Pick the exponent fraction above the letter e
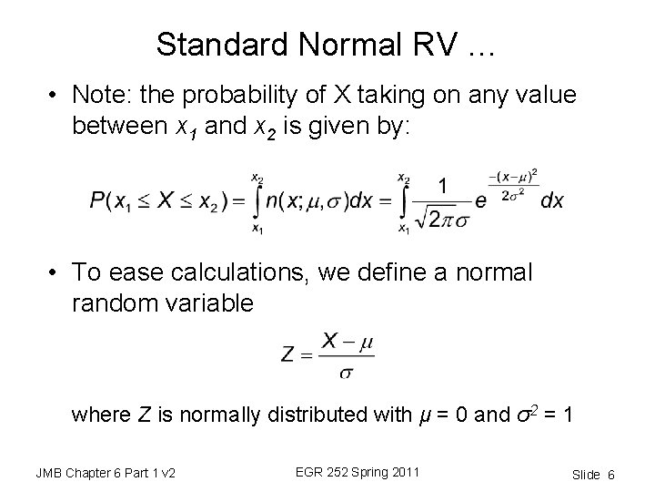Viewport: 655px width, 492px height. click(518, 182)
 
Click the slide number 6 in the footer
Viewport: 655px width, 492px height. click(611, 473)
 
